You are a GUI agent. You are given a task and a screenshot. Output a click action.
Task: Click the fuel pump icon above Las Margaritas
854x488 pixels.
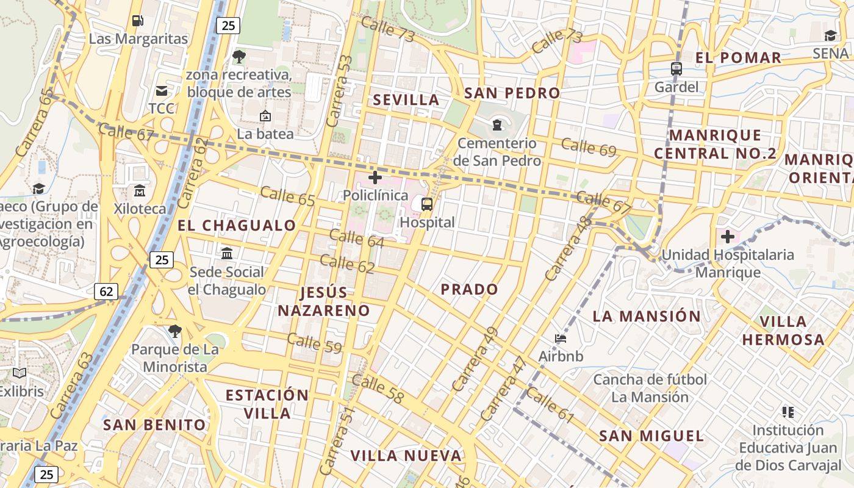138,21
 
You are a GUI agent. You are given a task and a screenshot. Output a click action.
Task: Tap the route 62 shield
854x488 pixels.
106,292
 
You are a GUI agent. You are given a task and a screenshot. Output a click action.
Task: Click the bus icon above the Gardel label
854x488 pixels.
676,69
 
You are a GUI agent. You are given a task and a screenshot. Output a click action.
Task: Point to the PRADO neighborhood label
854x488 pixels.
469,289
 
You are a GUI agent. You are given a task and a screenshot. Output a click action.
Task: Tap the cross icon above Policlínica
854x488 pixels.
375,178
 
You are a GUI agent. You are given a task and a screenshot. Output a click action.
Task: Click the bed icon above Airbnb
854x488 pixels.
561,339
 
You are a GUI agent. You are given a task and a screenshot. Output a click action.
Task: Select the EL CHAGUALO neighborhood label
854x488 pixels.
237,225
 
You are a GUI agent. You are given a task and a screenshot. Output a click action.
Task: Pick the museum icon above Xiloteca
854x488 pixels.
139,191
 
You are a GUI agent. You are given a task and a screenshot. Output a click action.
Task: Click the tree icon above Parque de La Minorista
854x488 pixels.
175,331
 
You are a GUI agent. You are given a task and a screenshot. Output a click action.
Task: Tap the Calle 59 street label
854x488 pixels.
314,343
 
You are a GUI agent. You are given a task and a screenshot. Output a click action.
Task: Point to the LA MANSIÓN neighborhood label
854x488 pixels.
647,316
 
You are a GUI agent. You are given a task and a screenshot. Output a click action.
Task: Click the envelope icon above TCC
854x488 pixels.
162,91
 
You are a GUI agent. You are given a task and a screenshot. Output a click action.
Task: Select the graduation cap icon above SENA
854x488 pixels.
830,35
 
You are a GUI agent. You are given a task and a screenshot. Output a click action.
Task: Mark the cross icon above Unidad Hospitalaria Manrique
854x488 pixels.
727,236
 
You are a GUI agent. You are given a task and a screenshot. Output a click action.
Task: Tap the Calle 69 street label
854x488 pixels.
589,147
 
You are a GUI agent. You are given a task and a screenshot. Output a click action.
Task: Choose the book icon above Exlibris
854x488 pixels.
20,373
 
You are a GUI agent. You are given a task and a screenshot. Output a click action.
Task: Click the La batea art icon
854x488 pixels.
265,116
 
